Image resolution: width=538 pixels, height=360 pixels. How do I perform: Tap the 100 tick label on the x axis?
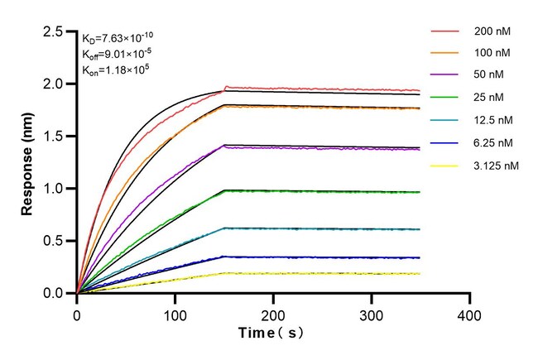click(175, 314)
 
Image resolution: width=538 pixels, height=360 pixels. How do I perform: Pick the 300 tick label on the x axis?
click(372, 314)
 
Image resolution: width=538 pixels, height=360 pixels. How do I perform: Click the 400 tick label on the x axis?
click(469, 314)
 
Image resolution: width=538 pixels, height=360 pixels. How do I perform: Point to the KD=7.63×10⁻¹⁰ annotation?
click(118, 37)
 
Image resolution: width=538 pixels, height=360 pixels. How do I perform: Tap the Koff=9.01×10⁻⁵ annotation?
click(117, 54)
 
